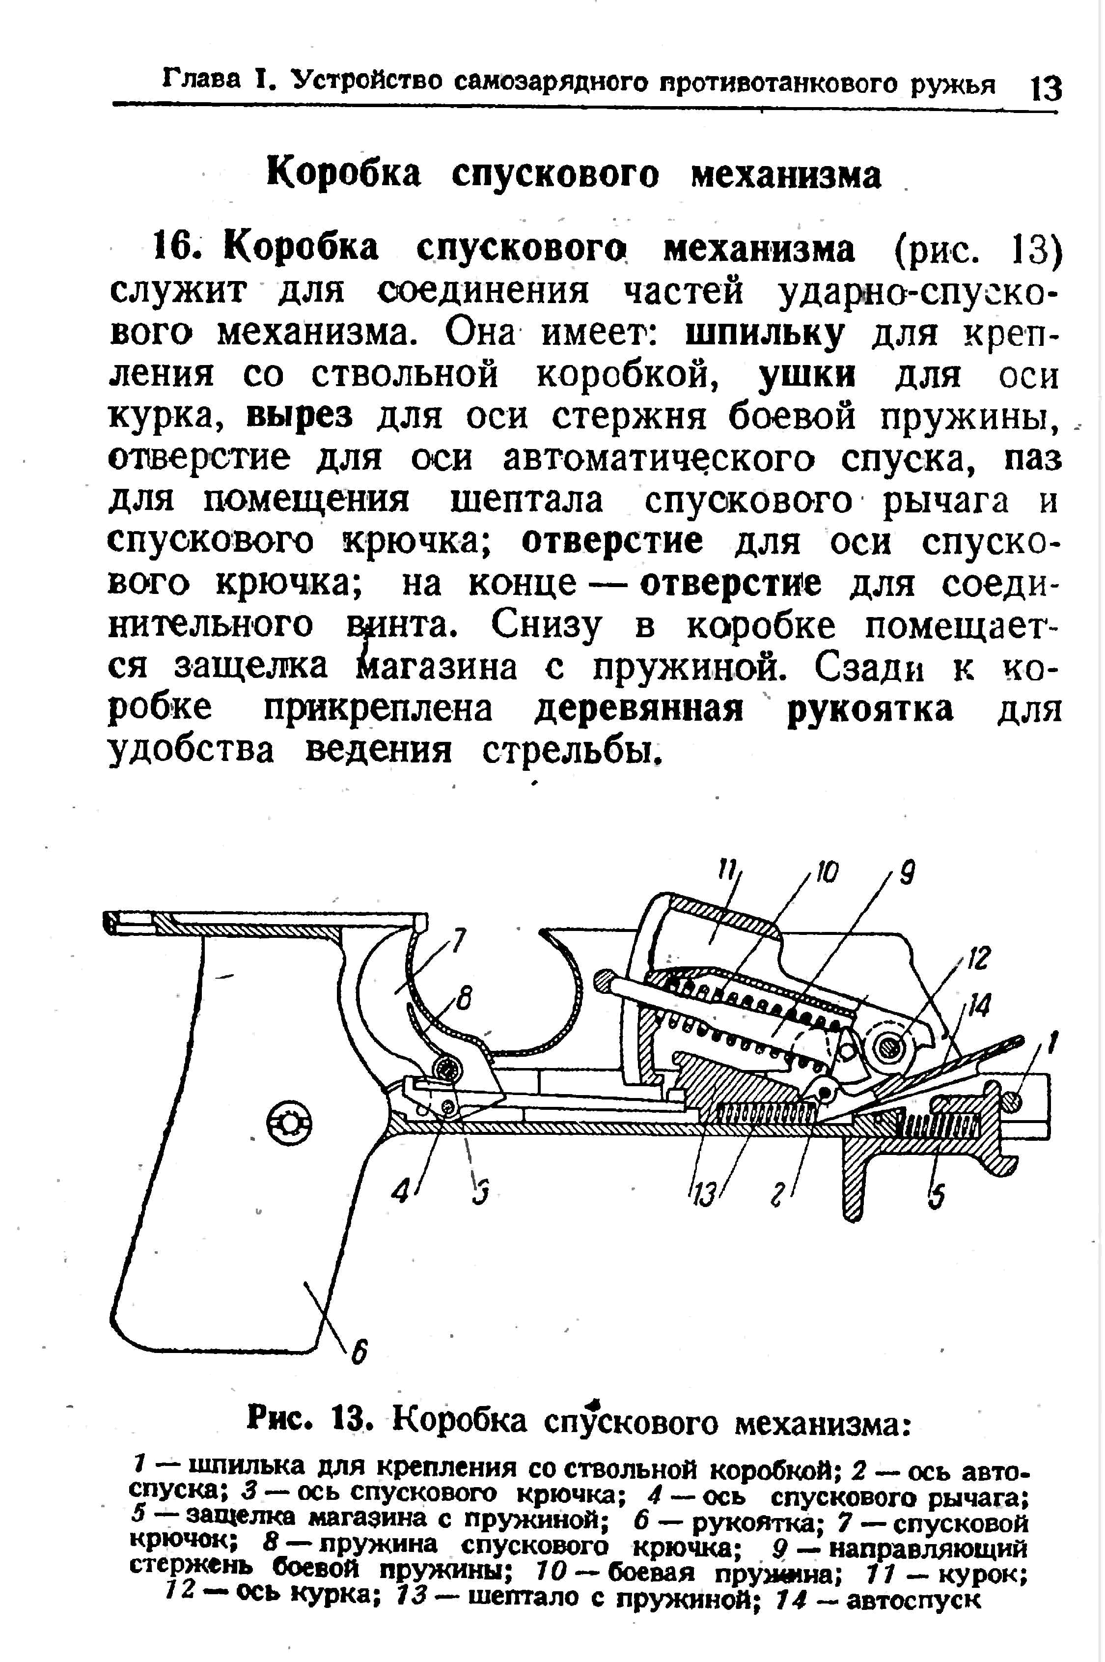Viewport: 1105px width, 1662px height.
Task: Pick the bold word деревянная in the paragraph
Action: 638,710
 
